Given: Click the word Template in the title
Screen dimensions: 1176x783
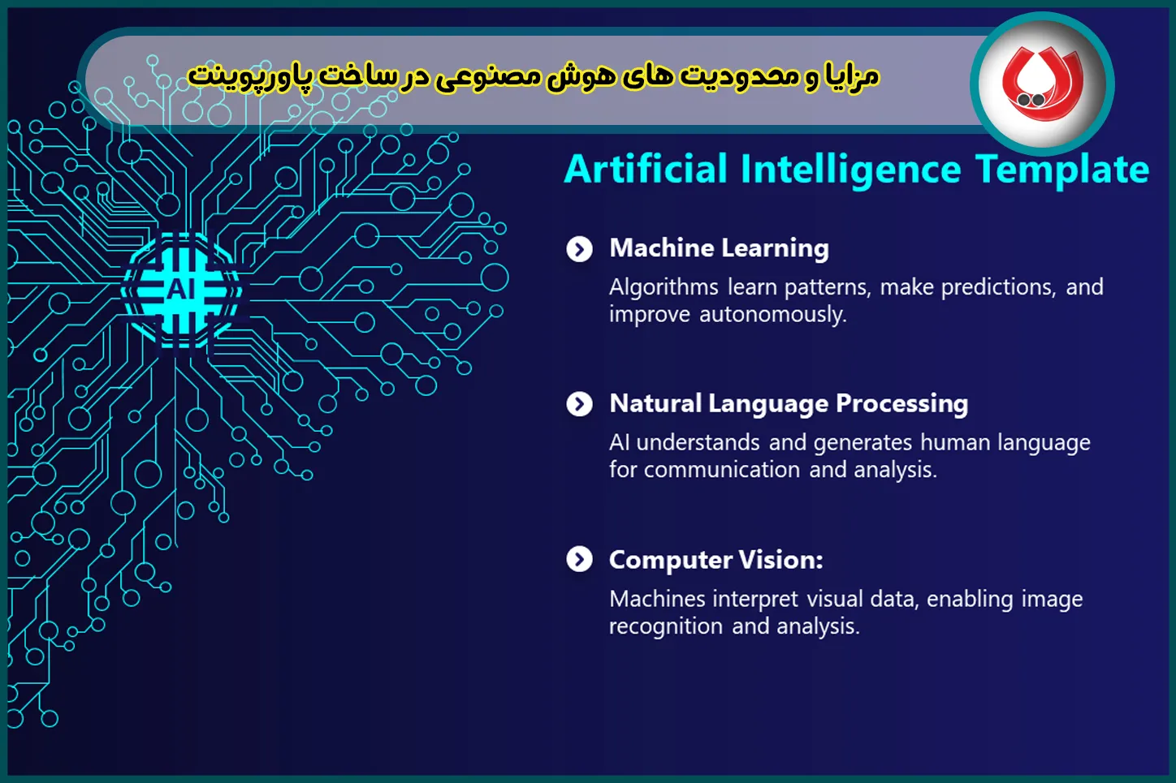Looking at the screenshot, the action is click(x=1062, y=170).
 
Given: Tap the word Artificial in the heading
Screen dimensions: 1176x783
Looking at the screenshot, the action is click(x=646, y=170).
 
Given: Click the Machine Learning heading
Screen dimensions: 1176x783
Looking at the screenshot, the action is click(x=720, y=248).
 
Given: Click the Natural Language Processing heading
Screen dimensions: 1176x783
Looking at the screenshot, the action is click(x=789, y=404).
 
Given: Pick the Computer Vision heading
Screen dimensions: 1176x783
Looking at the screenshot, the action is click(x=716, y=560).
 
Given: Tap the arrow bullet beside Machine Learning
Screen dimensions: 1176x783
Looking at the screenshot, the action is click(x=580, y=249).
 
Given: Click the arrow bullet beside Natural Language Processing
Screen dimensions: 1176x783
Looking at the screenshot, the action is click(x=580, y=404).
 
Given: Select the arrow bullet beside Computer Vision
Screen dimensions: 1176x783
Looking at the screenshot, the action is click(x=580, y=560).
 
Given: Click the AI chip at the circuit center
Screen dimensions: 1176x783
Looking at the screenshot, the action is click(x=182, y=290).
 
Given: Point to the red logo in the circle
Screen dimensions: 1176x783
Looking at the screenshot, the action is click(x=1043, y=84).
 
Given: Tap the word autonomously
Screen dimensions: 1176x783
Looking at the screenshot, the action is click(x=773, y=315).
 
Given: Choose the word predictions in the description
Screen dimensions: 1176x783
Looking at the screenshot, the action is click(x=998, y=287).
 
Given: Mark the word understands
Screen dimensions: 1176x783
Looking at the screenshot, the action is click(x=698, y=443).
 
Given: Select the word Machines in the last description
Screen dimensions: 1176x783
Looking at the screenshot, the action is click(x=657, y=599).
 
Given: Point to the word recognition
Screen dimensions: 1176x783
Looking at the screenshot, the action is click(x=666, y=626).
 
